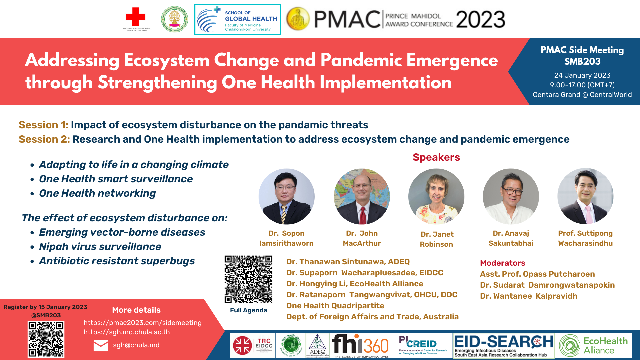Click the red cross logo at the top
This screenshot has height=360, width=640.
click(135, 17)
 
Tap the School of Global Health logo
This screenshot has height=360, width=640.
click(237, 19)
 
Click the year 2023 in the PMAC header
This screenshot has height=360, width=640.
click(480, 19)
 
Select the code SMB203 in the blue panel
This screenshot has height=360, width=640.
click(582, 62)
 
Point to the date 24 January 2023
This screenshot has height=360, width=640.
click(582, 75)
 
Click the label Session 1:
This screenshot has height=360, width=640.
click(43, 125)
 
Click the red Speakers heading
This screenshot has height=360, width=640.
click(436, 157)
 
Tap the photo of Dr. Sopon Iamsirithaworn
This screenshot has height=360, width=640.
click(286, 196)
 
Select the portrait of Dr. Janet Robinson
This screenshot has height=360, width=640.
click(436, 196)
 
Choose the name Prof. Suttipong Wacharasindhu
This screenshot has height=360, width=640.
click(585, 238)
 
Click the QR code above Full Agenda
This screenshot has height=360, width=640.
click(248, 279)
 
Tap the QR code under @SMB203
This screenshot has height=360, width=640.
click(46, 339)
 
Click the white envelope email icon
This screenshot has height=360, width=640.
click(101, 346)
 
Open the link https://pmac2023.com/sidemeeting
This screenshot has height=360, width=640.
click(142, 323)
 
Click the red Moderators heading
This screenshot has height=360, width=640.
click(502, 263)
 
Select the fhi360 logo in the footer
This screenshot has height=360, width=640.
click(360, 345)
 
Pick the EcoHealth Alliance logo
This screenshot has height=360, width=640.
click(593, 345)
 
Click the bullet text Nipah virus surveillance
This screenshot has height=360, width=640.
click(100, 247)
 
